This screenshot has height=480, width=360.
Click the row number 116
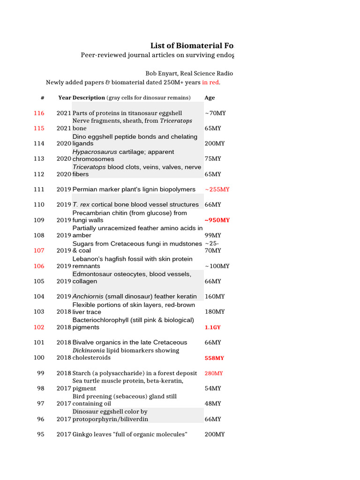[x=39, y=113]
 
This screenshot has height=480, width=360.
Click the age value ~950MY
[x=217, y=220]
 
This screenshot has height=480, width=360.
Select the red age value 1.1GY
[x=212, y=327]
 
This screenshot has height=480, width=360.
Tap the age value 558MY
[x=214, y=358]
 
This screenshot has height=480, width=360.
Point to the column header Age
[x=210, y=98]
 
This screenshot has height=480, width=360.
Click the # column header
[x=42, y=98]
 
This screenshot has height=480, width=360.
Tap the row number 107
[x=39, y=250]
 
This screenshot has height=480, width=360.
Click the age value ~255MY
[x=217, y=189]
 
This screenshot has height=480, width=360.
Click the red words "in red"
[x=210, y=82]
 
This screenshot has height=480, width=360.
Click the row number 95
[x=41, y=434]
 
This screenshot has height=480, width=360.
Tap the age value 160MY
[x=215, y=296]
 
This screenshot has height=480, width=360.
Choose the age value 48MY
[x=213, y=404]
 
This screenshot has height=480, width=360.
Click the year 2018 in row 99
[x=64, y=373]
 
